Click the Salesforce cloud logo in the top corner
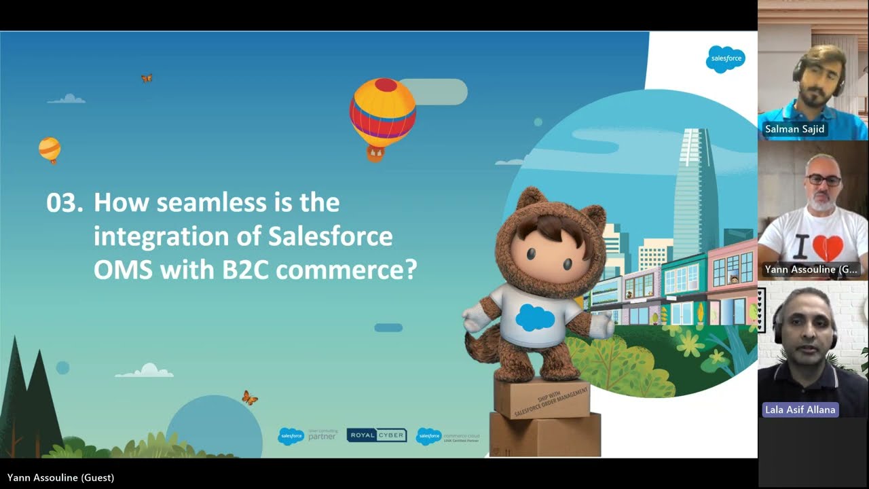click(x=725, y=59)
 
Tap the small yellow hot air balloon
click(x=50, y=149)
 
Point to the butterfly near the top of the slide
click(x=147, y=78)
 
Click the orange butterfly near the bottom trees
click(x=250, y=397)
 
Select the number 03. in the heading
click(x=65, y=202)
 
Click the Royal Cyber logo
click(x=377, y=435)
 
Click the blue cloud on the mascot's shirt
click(x=535, y=317)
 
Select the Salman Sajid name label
click(x=795, y=129)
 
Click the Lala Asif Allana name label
click(x=800, y=410)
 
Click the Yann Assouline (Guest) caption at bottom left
click(x=60, y=477)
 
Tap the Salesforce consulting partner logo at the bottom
click(x=308, y=436)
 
